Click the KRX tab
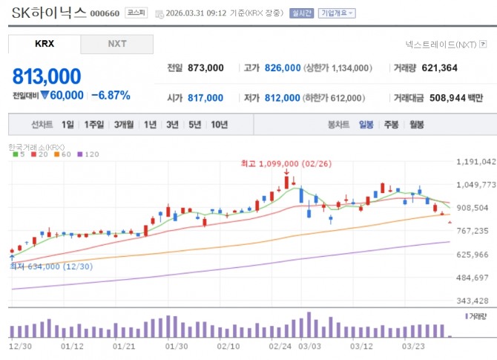(x=45, y=44)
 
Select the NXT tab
(x=116, y=44)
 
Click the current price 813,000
(x=47, y=76)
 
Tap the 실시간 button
(x=302, y=13)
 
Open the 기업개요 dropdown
(x=337, y=13)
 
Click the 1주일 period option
(x=93, y=125)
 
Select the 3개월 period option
(x=123, y=125)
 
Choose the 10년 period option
(x=219, y=125)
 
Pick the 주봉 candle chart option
(x=391, y=125)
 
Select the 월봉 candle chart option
(x=416, y=125)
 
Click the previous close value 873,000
(x=205, y=68)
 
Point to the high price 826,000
(x=282, y=68)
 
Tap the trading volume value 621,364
(x=439, y=68)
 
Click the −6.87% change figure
(x=111, y=95)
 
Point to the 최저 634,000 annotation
(x=50, y=266)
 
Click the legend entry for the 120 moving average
(x=90, y=154)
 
